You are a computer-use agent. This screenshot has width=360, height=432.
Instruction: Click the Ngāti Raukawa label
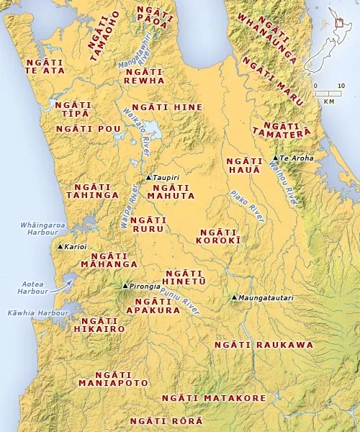click(264, 345)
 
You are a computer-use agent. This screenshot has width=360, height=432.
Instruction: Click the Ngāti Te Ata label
click(44, 66)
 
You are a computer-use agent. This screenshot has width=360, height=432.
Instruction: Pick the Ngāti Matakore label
click(214, 398)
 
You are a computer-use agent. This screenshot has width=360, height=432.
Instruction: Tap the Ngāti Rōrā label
click(166, 420)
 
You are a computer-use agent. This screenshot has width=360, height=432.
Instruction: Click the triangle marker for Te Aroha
click(275, 157)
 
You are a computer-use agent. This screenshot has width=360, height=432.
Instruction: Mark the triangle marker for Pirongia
click(125, 286)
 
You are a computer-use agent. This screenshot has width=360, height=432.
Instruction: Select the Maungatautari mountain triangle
click(234, 297)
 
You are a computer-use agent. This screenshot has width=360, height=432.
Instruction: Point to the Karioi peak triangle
click(60, 246)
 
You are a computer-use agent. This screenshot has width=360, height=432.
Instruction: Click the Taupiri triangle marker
click(148, 177)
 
